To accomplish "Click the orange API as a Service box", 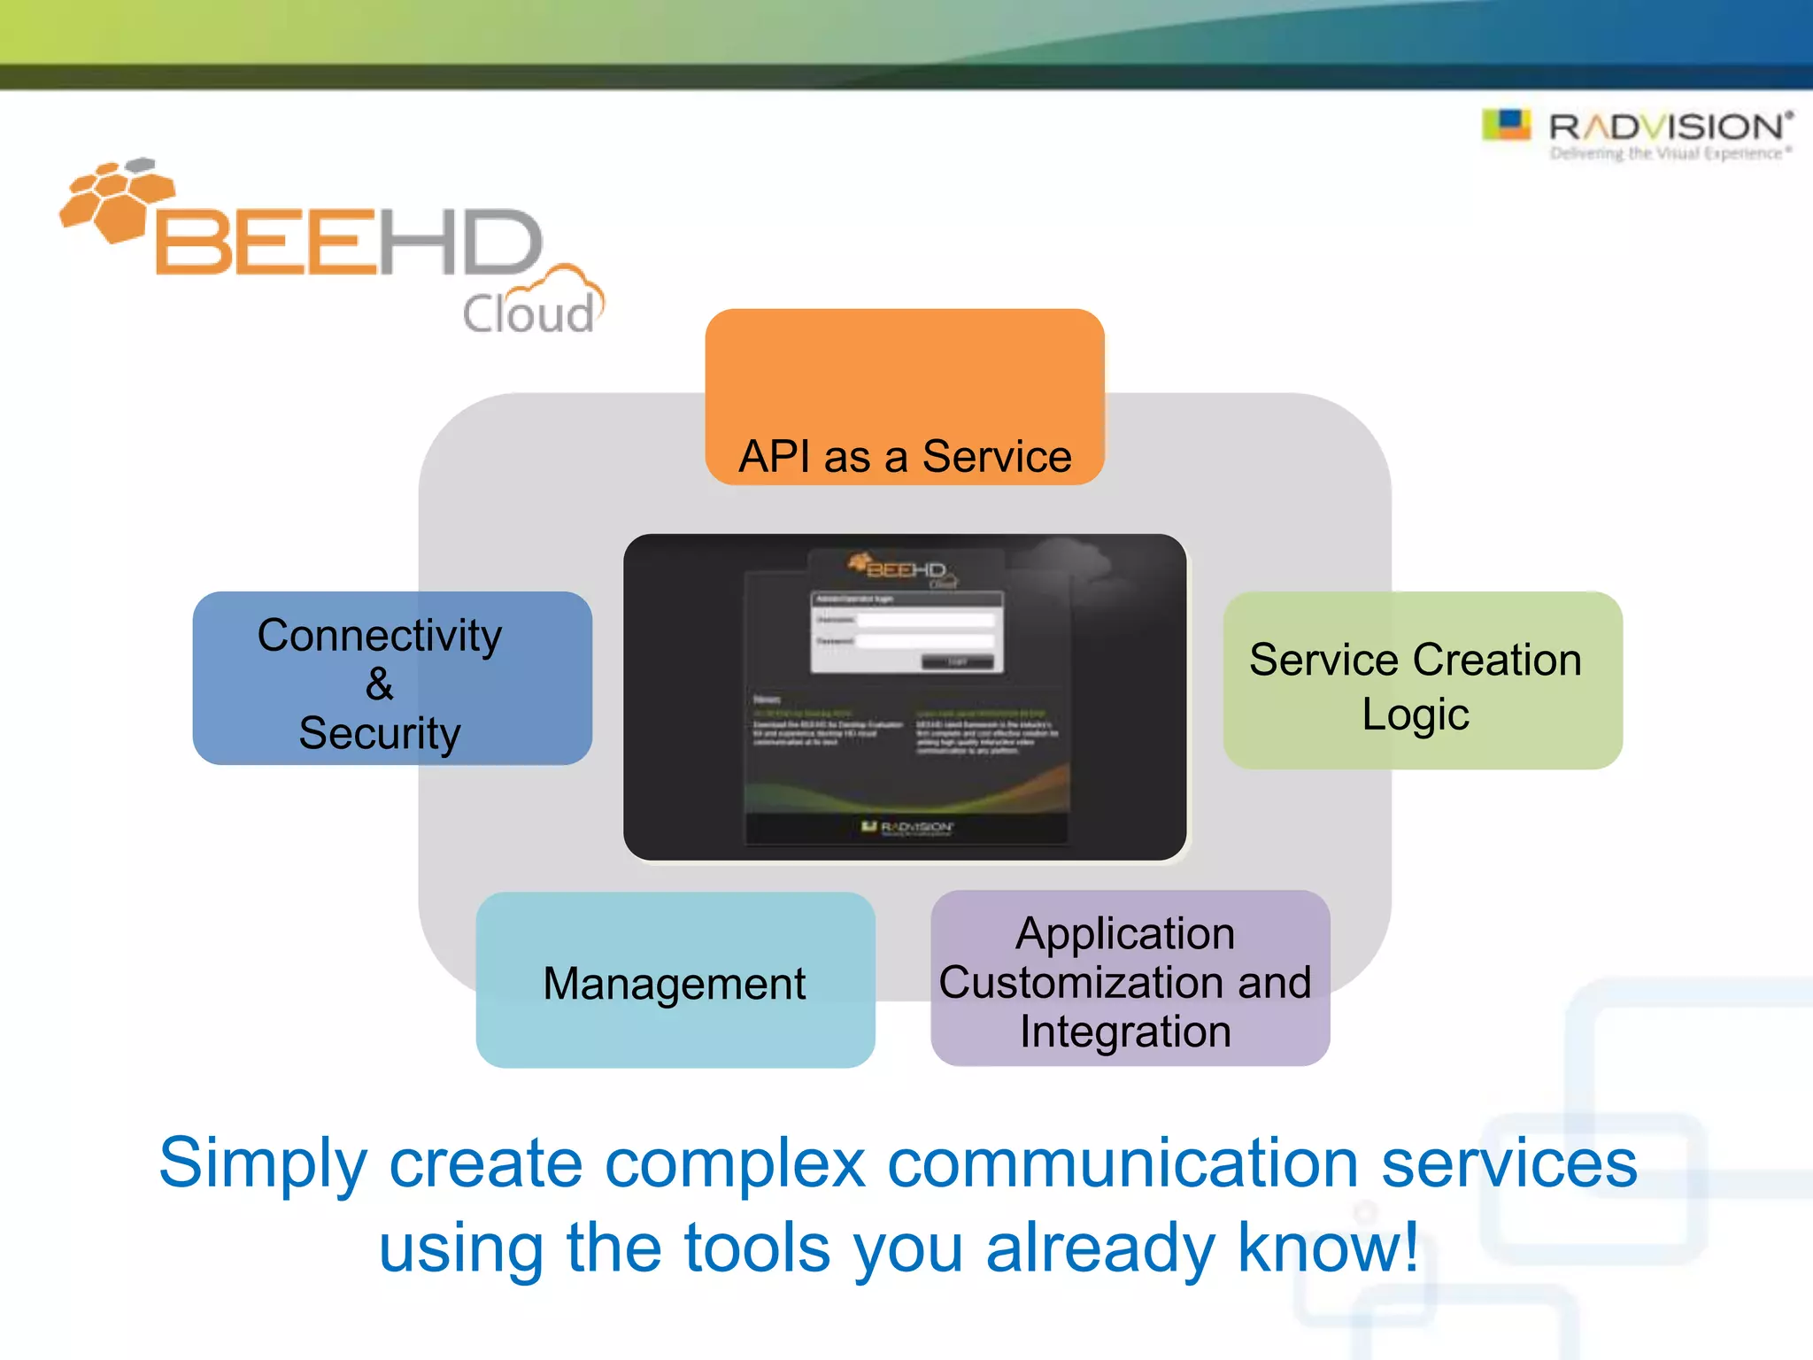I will [904, 396].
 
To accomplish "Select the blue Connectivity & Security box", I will [392, 678].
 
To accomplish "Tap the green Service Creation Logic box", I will [1422, 680].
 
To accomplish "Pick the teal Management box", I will [675, 980].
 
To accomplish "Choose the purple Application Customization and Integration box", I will [1130, 979].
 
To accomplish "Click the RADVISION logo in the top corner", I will [1639, 132].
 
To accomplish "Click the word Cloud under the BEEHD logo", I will [528, 313].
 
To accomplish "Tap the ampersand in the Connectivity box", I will [379, 684].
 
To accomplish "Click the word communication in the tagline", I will [1123, 1163].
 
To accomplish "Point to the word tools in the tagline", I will [757, 1247].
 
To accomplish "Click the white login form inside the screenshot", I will [907, 632].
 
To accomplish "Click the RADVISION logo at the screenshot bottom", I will [907, 827].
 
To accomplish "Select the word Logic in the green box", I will [1415, 714].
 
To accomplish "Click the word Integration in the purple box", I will [1125, 1032].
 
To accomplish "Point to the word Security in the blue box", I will [379, 733].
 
